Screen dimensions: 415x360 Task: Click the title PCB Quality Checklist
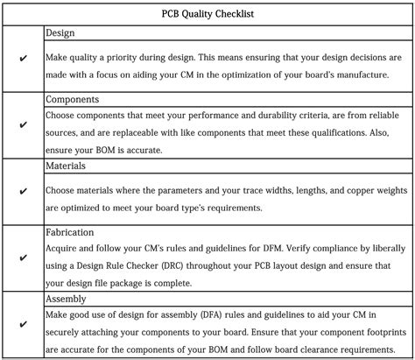pyautogui.click(x=207, y=14)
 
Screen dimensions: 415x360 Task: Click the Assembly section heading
pyautogui.click(x=67, y=298)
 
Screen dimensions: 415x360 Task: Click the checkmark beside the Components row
pyautogui.click(x=23, y=124)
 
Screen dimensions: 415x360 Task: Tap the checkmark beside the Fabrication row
pyautogui.click(x=23, y=257)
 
